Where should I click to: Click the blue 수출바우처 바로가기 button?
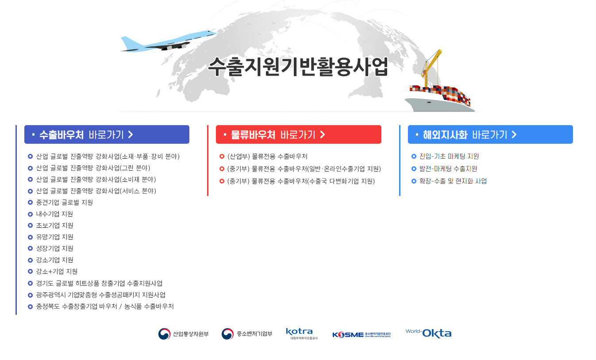tap(107, 134)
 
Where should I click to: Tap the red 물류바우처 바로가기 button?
tap(298, 134)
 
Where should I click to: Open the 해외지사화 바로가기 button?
tap(490, 134)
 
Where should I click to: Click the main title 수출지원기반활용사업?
tap(298, 67)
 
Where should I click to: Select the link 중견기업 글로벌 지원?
tap(64, 203)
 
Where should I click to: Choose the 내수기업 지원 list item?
tap(54, 214)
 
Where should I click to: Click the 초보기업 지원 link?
tap(54, 226)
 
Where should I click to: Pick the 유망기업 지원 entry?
tap(54, 237)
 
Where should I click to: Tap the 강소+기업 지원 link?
tap(57, 272)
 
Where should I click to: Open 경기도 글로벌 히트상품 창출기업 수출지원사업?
tap(99, 283)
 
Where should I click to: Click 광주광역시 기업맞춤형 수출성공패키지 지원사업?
tap(100, 295)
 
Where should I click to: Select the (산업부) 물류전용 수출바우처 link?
tap(267, 157)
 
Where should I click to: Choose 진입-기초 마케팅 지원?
tap(449, 157)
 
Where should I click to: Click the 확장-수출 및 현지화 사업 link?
tap(453, 181)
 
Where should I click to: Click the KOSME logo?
tap(361, 334)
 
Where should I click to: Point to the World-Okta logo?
tap(428, 333)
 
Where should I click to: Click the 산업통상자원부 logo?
tap(183, 334)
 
